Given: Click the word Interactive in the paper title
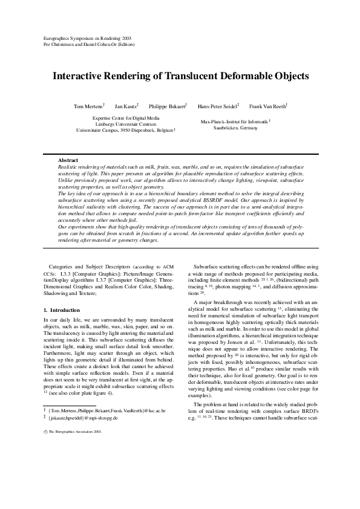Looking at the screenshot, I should click(x=82, y=77).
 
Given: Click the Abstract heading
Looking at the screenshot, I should click(x=67, y=160).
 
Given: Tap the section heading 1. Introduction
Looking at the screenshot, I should click(x=61, y=310).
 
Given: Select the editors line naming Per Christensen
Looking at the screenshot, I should click(x=89, y=44).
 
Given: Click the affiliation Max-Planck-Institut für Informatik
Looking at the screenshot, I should click(x=234, y=122).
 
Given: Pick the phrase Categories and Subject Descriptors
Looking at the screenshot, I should click(x=84, y=265).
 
